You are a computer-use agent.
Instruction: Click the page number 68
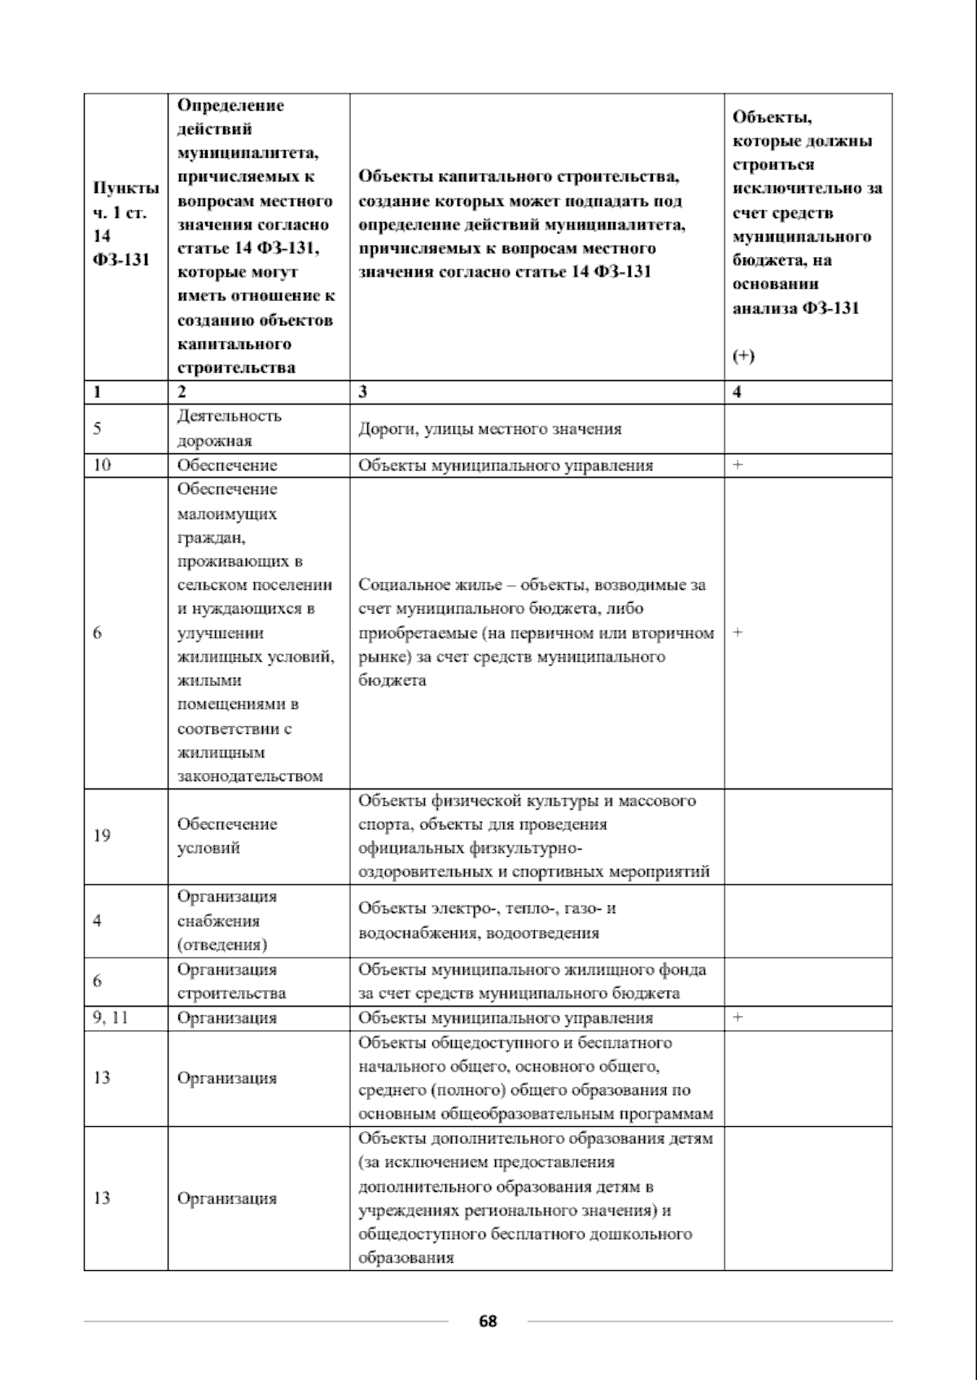[488, 1321]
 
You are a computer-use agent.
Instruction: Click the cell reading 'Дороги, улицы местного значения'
[489, 429]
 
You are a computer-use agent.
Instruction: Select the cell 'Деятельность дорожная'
[229, 428]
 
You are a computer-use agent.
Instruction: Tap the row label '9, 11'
[111, 1018]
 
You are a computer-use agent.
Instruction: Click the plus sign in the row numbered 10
[738, 465]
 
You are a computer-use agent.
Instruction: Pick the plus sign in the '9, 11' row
[738, 1018]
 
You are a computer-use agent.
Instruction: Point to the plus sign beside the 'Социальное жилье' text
[738, 632]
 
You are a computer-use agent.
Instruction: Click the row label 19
[102, 836]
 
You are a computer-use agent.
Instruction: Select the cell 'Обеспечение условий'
[226, 836]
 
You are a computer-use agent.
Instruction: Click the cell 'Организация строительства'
[231, 981]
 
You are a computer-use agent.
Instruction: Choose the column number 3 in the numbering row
[363, 392]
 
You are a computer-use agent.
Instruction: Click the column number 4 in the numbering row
[738, 392]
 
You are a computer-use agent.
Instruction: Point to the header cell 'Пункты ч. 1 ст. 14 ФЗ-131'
[125, 224]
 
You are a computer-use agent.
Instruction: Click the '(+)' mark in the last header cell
[743, 356]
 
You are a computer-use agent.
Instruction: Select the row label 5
[98, 429]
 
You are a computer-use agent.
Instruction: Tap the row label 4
[97, 920]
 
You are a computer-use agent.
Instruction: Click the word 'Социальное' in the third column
[393, 585]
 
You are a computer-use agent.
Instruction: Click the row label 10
[102, 465]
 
